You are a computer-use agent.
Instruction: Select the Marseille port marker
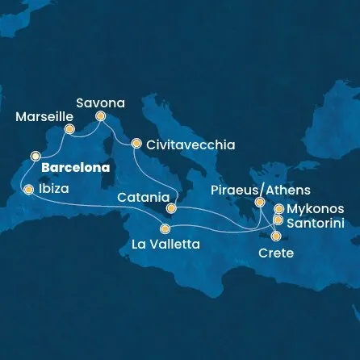69,129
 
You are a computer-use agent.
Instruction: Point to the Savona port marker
101,116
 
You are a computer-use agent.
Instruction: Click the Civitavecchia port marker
136,144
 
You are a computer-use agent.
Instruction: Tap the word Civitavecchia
191,144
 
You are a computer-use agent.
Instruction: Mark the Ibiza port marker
29,190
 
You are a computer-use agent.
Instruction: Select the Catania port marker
171,208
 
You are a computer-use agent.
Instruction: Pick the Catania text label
142,196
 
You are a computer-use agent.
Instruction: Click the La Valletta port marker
165,228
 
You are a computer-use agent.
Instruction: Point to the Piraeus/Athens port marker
260,203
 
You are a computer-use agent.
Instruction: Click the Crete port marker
277,237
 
